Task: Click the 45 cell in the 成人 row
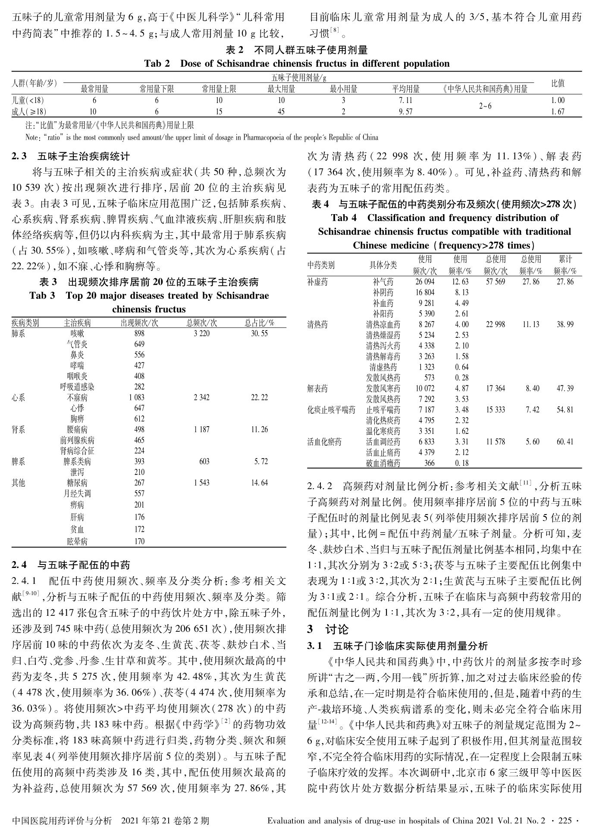[281, 112]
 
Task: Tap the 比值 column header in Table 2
[558, 84]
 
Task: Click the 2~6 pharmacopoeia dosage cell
[485, 106]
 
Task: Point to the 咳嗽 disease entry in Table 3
[77, 334]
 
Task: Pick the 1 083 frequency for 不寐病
[136, 397]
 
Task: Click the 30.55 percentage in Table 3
[260, 334]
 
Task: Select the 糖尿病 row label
[77, 483]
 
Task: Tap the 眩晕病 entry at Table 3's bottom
[77, 542]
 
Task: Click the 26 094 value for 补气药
[425, 282]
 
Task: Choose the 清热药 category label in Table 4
[317, 324]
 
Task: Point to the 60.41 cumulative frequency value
[565, 442]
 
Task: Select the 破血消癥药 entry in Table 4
[383, 463]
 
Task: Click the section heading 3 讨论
[328, 630]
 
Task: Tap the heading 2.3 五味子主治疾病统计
[71, 156]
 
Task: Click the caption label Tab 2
[157, 64]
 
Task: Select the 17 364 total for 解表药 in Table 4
[495, 389]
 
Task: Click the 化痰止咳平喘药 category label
[331, 410]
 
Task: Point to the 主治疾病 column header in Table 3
[77, 323]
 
